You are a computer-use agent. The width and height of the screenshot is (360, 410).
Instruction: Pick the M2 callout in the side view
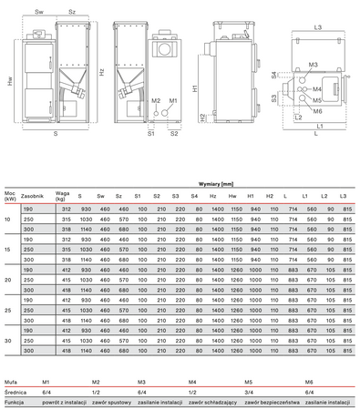(156, 100)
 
